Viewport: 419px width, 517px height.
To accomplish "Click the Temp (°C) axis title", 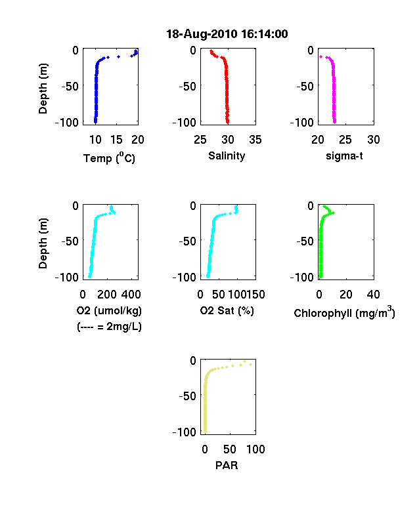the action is (x=109, y=158).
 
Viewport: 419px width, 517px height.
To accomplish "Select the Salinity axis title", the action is (x=227, y=156).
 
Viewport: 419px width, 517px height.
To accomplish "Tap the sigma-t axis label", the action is (x=344, y=155).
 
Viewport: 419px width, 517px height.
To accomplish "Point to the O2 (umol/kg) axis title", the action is (x=109, y=310).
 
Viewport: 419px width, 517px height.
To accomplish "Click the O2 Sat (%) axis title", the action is (x=227, y=310).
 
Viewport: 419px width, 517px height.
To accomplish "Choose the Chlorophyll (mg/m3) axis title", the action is (x=344, y=312).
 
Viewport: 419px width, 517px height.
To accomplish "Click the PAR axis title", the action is (x=227, y=465).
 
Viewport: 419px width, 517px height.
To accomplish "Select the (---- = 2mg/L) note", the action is (x=109, y=327).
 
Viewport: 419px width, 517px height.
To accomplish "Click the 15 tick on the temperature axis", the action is (x=116, y=140).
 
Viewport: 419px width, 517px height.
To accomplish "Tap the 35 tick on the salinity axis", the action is (x=255, y=140).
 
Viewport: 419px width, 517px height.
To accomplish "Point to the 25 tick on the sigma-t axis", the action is (x=345, y=140).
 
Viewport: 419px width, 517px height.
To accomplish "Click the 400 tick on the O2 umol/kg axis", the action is (x=131, y=295).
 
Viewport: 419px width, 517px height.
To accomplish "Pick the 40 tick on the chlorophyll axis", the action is (x=373, y=295).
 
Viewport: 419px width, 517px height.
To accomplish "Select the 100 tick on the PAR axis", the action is (x=255, y=449).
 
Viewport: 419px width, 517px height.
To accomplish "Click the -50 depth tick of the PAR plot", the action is (x=188, y=396).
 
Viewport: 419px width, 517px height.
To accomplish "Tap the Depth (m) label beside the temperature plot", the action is (x=43, y=89).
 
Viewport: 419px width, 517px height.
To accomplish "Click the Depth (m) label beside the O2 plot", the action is (x=43, y=243).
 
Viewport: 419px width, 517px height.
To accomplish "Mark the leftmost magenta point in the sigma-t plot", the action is (x=320, y=56).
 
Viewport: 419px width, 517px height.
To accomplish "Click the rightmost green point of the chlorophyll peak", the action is (x=333, y=213).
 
